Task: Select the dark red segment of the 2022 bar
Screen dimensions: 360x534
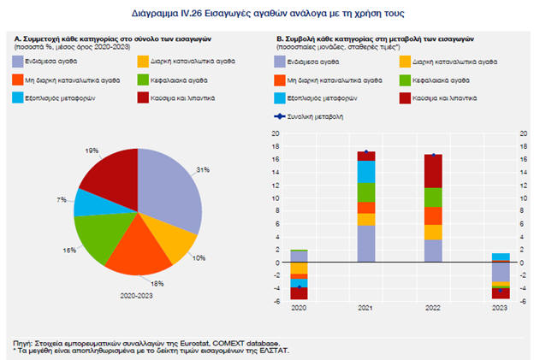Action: [434, 171]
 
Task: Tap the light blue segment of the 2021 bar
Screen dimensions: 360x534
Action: [366, 171]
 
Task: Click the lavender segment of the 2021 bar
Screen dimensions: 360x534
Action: [366, 244]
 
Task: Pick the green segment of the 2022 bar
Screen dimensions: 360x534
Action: [434, 197]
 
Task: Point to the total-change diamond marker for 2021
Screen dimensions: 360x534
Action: [366, 152]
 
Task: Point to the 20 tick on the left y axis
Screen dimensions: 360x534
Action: [276, 134]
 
